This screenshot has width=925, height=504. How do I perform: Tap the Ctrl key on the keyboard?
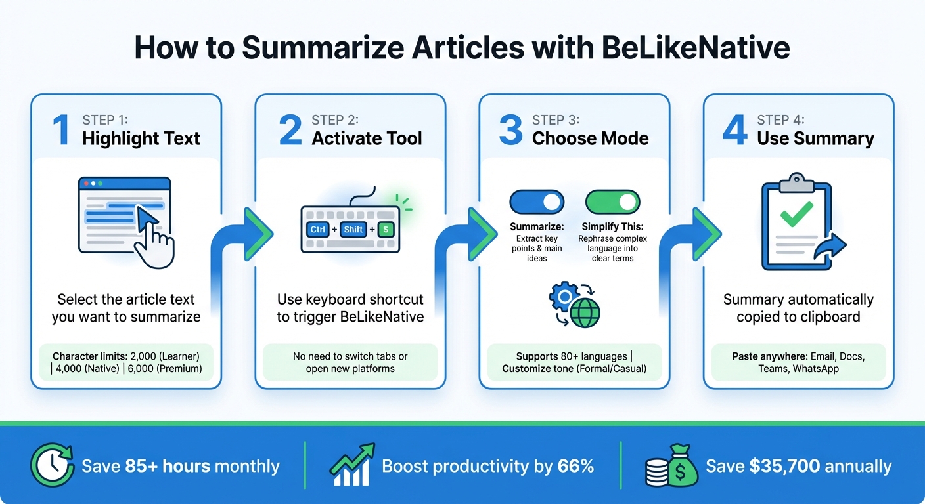tap(318, 229)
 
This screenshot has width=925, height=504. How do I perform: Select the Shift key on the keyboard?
tap(353, 229)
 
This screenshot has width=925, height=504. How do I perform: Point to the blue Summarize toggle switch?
tap(537, 201)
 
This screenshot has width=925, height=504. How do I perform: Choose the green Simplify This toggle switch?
tap(612, 201)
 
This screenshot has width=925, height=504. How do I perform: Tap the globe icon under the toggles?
tap(585, 314)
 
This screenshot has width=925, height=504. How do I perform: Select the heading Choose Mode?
tap(590, 138)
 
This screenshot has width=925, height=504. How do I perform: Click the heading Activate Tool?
tap(367, 138)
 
